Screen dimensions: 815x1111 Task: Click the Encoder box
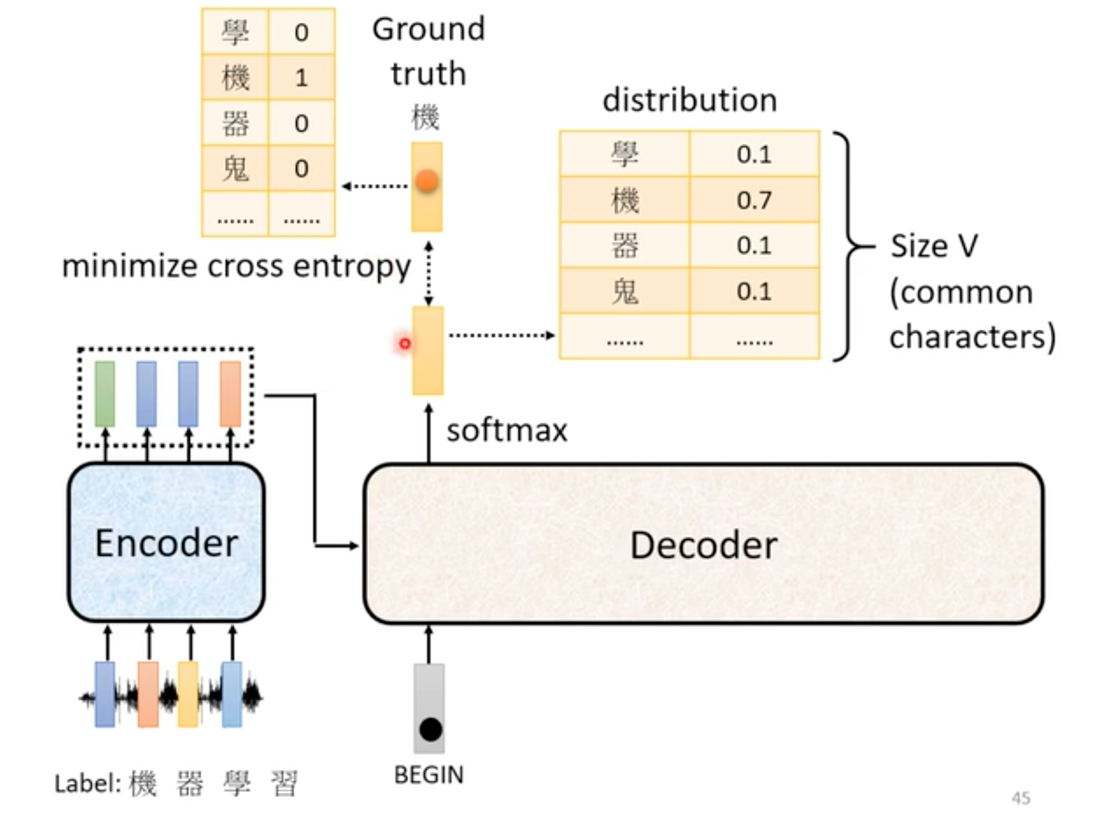point(166,543)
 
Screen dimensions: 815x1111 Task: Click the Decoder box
point(703,544)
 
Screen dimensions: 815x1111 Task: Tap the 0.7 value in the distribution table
point(754,200)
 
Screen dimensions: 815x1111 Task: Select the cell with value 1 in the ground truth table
point(301,78)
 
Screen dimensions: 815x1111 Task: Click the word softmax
point(507,430)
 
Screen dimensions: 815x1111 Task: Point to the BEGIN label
point(429,775)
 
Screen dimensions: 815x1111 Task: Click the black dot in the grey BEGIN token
point(430,729)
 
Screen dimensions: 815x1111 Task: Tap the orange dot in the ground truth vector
point(427,181)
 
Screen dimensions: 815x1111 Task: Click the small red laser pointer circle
point(405,344)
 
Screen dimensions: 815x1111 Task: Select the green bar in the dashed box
point(105,393)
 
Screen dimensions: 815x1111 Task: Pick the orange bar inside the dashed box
point(230,393)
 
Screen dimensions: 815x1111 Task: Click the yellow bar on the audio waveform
point(188,694)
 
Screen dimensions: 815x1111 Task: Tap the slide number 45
point(1021,798)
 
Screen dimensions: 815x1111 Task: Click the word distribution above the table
point(690,100)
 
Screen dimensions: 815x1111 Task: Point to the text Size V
point(934,246)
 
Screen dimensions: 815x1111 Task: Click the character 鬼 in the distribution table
point(624,291)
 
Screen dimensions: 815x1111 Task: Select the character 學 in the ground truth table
point(235,32)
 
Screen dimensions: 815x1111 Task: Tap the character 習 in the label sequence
point(284,783)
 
